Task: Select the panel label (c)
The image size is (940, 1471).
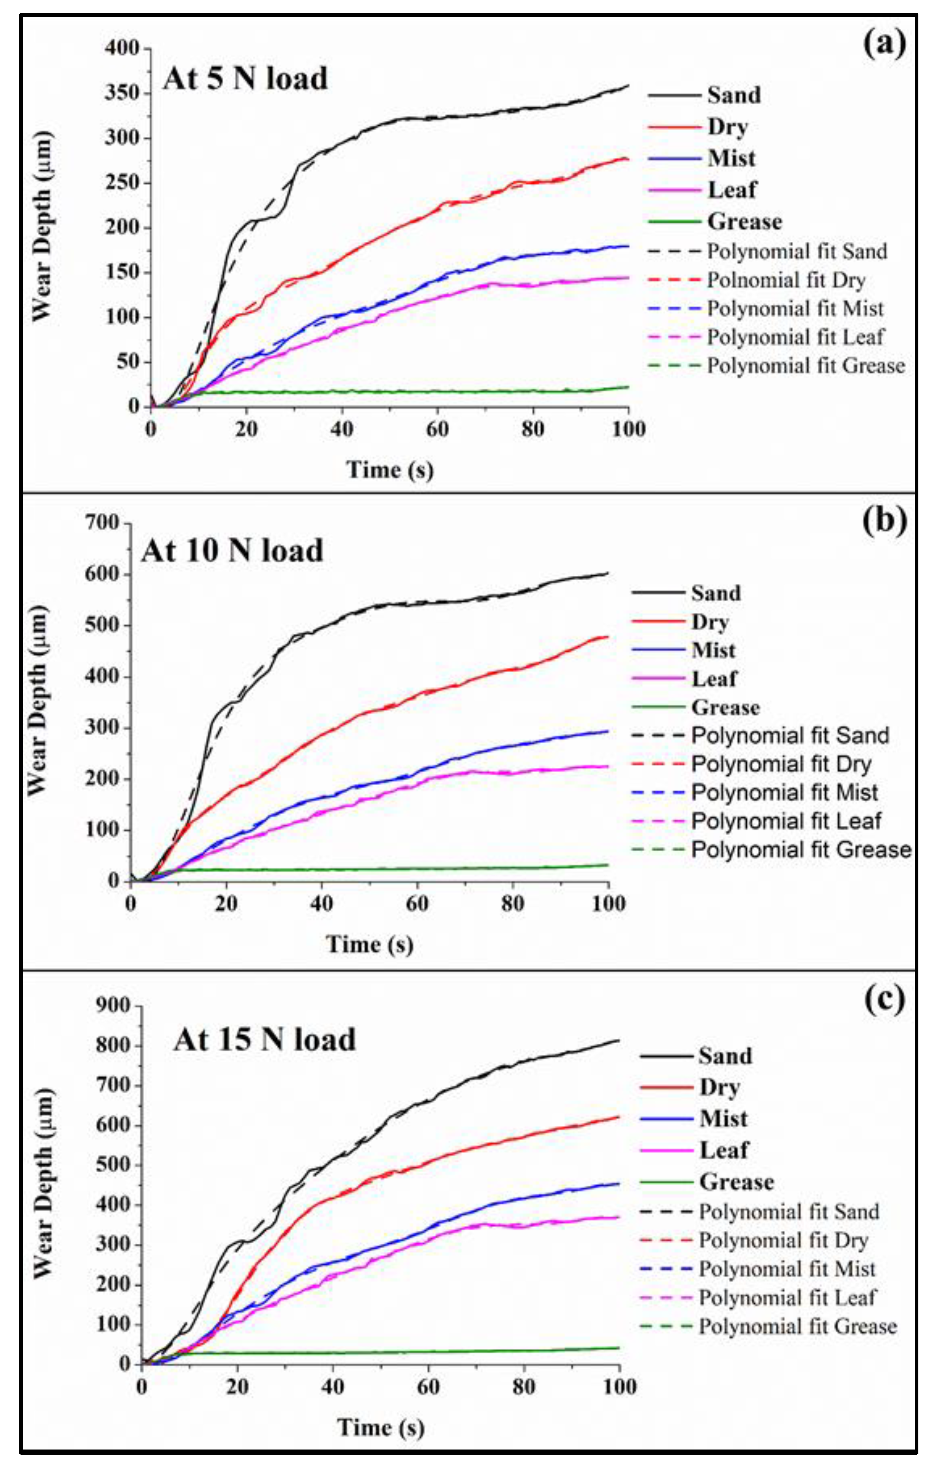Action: (x=885, y=999)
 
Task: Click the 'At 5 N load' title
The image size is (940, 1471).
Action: (x=245, y=79)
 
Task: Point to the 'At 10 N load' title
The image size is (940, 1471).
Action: (x=232, y=551)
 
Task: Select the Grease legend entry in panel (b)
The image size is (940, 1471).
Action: (x=725, y=707)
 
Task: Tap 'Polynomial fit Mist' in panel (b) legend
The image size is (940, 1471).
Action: (x=785, y=792)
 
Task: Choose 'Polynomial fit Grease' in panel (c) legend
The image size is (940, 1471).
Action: (x=798, y=1326)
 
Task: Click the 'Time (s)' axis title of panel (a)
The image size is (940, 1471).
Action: (x=390, y=470)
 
